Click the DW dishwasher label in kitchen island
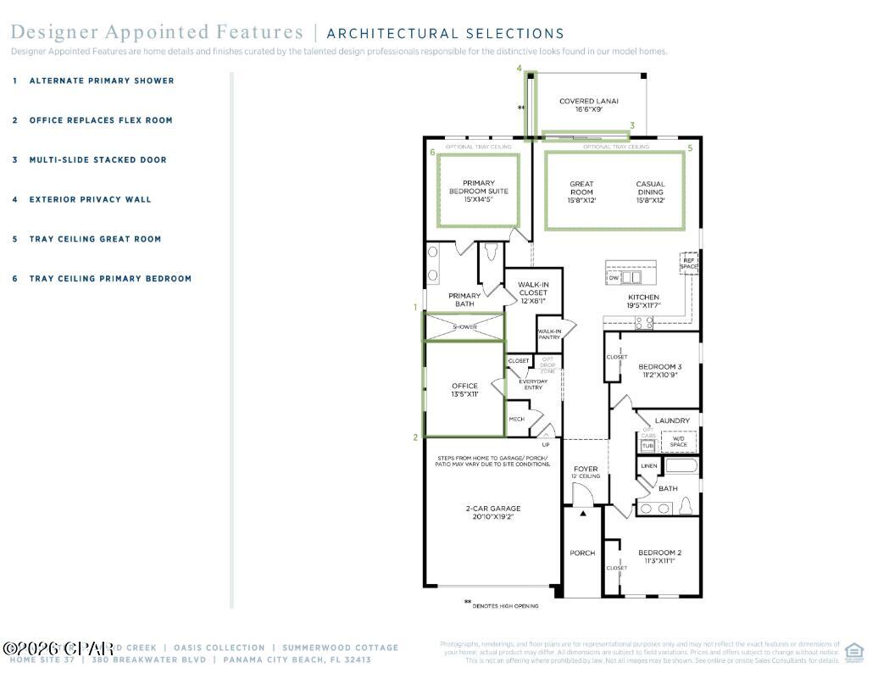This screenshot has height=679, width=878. pos(613,278)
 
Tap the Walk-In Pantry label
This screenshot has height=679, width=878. pos(548,334)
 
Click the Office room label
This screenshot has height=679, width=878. pos(464,390)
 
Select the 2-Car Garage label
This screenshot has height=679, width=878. pos(492,512)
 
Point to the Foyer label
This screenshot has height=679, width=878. pos(586,469)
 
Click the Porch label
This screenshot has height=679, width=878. pos(582,554)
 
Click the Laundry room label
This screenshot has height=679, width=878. pos(672,420)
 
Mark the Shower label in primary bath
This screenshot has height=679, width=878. pos(464,327)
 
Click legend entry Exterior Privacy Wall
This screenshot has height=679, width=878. pos(90,200)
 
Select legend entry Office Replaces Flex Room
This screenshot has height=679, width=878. pos(100,120)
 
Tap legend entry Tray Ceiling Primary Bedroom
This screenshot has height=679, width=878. pos(110,279)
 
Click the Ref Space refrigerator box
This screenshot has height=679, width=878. pos(689,264)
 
